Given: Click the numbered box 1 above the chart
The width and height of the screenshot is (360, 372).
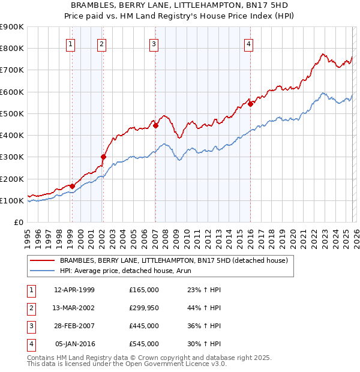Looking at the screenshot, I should pos(71,43).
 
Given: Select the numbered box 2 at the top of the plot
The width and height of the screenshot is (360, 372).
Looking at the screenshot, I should pos(102,43).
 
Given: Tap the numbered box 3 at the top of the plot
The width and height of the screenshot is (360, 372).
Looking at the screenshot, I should pos(154,43).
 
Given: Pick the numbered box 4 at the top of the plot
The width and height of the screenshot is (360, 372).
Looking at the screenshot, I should pos(248,43).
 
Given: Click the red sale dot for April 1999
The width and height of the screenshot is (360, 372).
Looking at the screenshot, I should pos(72,186).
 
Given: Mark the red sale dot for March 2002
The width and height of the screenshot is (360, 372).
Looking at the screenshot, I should pos(103,157).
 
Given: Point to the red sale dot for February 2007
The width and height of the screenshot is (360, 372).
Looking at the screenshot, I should pos(155,125).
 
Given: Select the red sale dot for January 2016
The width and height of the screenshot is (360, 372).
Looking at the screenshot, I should pos(250,103).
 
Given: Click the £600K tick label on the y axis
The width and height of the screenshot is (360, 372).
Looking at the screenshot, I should pos(12,92).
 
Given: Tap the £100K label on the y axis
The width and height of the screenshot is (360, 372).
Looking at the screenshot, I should pos(12,200).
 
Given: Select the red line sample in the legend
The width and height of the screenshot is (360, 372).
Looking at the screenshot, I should pos(43,260).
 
